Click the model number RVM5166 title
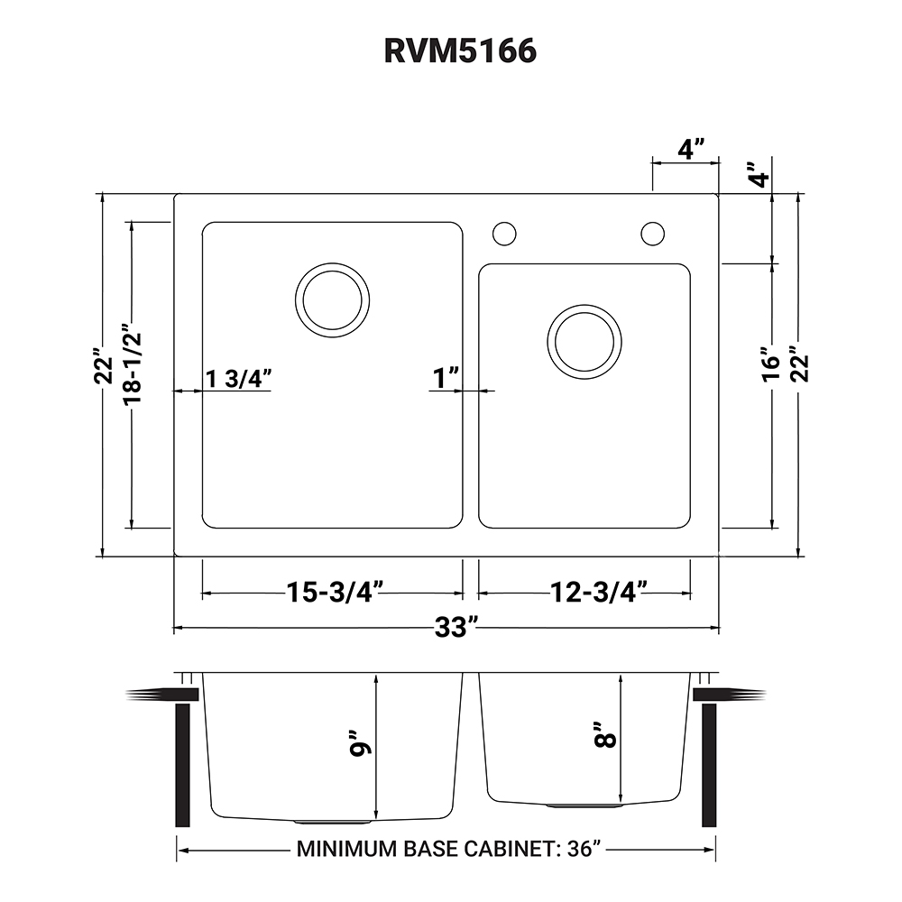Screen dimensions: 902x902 click(x=460, y=51)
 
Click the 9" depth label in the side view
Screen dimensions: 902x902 click(x=364, y=745)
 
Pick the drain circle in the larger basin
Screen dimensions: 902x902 click(x=332, y=300)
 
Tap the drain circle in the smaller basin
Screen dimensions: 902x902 click(x=584, y=342)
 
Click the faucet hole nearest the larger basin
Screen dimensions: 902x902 click(x=504, y=233)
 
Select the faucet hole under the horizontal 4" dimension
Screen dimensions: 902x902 click(x=652, y=233)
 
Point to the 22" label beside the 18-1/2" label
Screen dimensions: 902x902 click(x=105, y=364)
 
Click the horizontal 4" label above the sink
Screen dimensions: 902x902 click(x=690, y=149)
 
